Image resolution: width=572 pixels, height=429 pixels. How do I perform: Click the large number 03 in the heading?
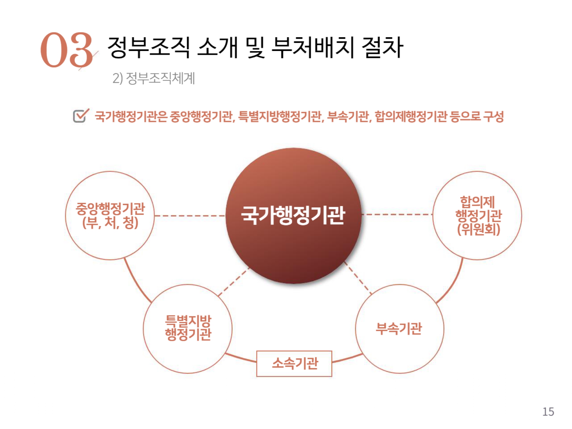tap(66, 50)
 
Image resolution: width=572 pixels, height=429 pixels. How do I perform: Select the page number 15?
tap(548, 412)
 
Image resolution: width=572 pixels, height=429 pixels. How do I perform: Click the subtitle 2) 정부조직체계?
tap(153, 78)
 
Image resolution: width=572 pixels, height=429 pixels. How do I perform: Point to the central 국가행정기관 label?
tap(293, 215)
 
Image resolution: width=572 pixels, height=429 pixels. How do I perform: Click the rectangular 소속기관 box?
tap(294, 363)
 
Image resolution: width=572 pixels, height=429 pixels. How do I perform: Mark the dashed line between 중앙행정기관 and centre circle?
tap(190, 215)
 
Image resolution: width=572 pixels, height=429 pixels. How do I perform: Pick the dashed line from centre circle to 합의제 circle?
tap(397, 214)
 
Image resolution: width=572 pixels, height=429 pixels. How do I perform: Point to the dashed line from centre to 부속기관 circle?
tap(357, 278)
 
